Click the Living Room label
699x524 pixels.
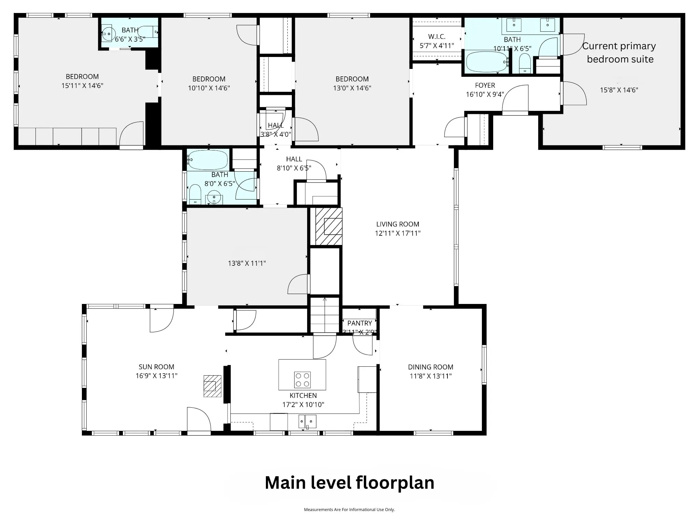[398, 224]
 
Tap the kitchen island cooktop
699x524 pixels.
[302, 380]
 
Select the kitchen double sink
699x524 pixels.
[308, 421]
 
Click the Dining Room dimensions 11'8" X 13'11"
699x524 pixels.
[431, 376]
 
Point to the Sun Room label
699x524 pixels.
[156, 367]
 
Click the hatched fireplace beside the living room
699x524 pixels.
[328, 226]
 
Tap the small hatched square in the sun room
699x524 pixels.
[212, 386]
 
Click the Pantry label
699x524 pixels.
[360, 323]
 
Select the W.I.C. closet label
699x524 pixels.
[437, 37]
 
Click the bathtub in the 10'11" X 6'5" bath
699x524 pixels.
[487, 61]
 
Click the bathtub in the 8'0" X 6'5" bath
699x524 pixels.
[208, 160]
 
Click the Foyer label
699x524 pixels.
[485, 85]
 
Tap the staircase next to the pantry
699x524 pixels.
[325, 315]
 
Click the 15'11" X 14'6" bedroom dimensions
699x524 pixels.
[82, 86]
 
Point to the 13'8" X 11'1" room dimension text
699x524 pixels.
[247, 263]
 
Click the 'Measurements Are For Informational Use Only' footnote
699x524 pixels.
[349, 510]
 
